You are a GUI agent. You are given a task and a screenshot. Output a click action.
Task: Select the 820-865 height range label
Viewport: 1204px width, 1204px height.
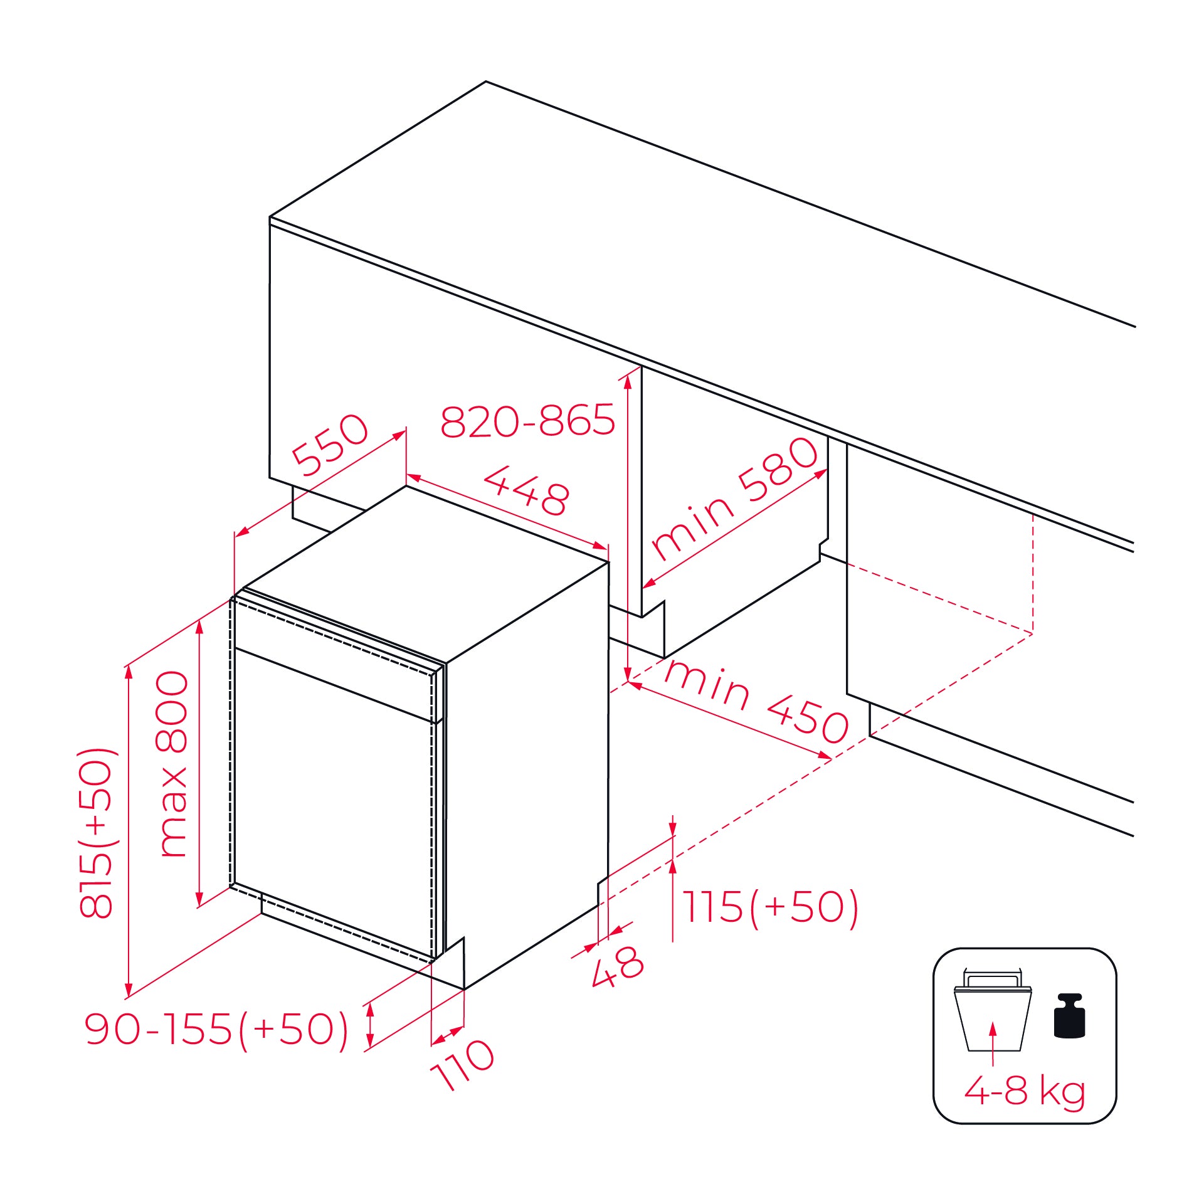[527, 420]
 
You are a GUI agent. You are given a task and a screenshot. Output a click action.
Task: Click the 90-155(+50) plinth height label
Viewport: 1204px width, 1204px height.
[216, 1029]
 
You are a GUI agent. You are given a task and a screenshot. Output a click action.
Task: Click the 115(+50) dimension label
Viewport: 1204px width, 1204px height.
[769, 907]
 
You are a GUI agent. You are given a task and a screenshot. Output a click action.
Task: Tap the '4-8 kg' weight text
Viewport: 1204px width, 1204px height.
[1024, 1090]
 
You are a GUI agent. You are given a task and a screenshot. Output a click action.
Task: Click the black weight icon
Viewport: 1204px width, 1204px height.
[1069, 1016]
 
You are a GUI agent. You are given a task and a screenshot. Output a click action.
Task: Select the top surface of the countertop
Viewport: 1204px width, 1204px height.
[627, 219]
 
